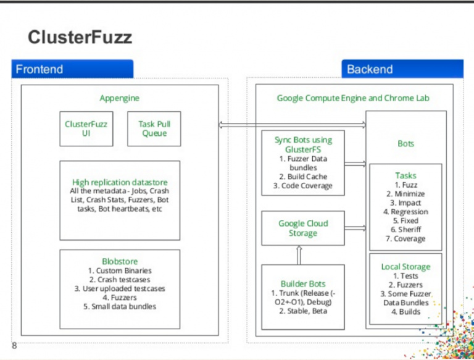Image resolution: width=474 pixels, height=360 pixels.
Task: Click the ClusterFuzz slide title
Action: (x=80, y=38)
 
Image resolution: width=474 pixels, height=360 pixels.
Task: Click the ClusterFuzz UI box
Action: (x=86, y=128)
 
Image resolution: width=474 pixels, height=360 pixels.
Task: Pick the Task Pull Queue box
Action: (x=154, y=128)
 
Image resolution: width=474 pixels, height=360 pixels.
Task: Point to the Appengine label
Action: (x=120, y=98)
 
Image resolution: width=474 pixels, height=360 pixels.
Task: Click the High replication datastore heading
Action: (x=120, y=182)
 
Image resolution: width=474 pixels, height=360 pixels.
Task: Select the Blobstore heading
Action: (x=120, y=261)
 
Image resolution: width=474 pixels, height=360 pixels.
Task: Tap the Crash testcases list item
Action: (x=120, y=280)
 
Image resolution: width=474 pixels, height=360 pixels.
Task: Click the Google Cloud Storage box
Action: (x=303, y=228)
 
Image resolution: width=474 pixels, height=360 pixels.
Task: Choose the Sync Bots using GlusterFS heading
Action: (x=303, y=144)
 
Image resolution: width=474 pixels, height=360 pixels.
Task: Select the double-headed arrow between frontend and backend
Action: (x=292, y=125)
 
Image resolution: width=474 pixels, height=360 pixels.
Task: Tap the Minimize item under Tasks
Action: (x=405, y=194)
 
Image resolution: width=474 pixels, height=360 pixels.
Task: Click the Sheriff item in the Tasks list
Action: (x=405, y=230)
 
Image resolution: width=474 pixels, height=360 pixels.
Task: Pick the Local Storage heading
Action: (x=405, y=267)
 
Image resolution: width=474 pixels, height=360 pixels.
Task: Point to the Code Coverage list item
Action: (x=303, y=185)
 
